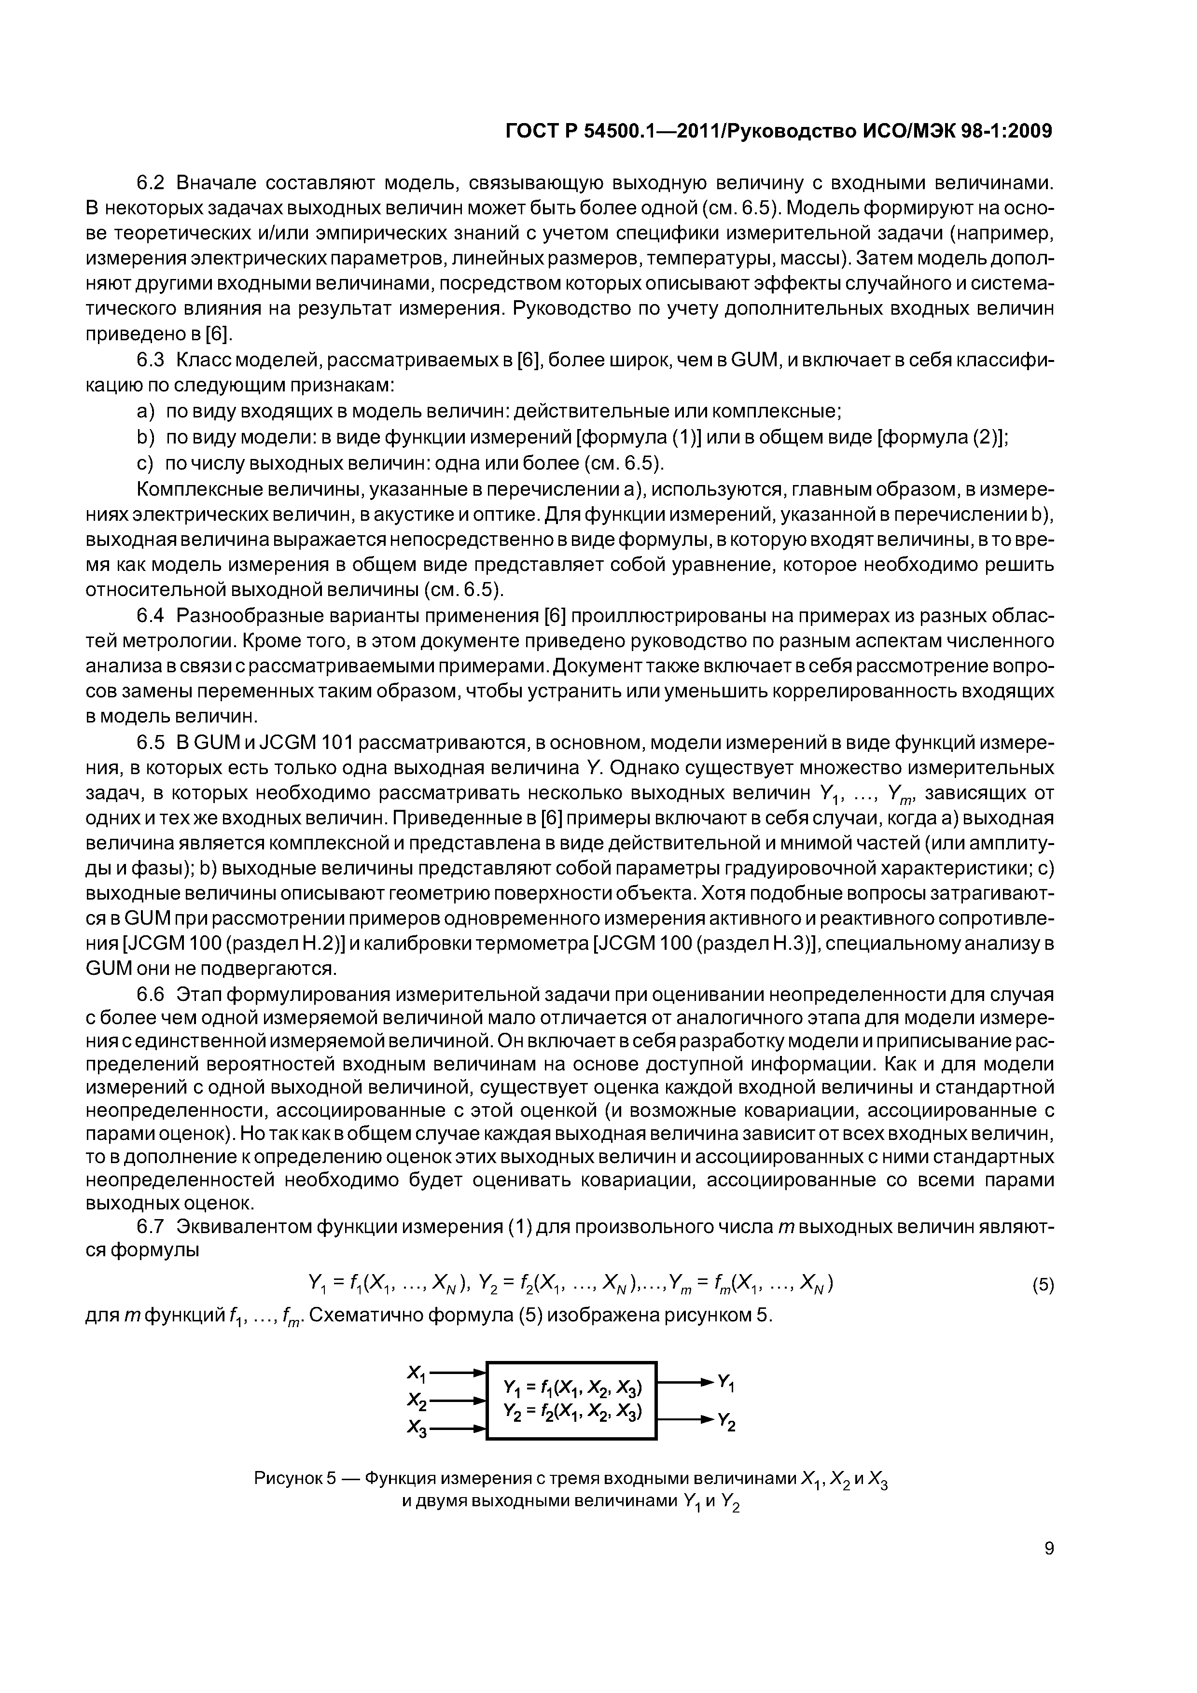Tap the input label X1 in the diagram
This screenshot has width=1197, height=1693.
tap(417, 1374)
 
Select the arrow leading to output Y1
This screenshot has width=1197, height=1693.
tap(686, 1380)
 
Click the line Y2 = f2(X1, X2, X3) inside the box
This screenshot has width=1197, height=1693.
tap(572, 1411)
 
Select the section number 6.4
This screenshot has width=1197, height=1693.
tap(153, 615)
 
